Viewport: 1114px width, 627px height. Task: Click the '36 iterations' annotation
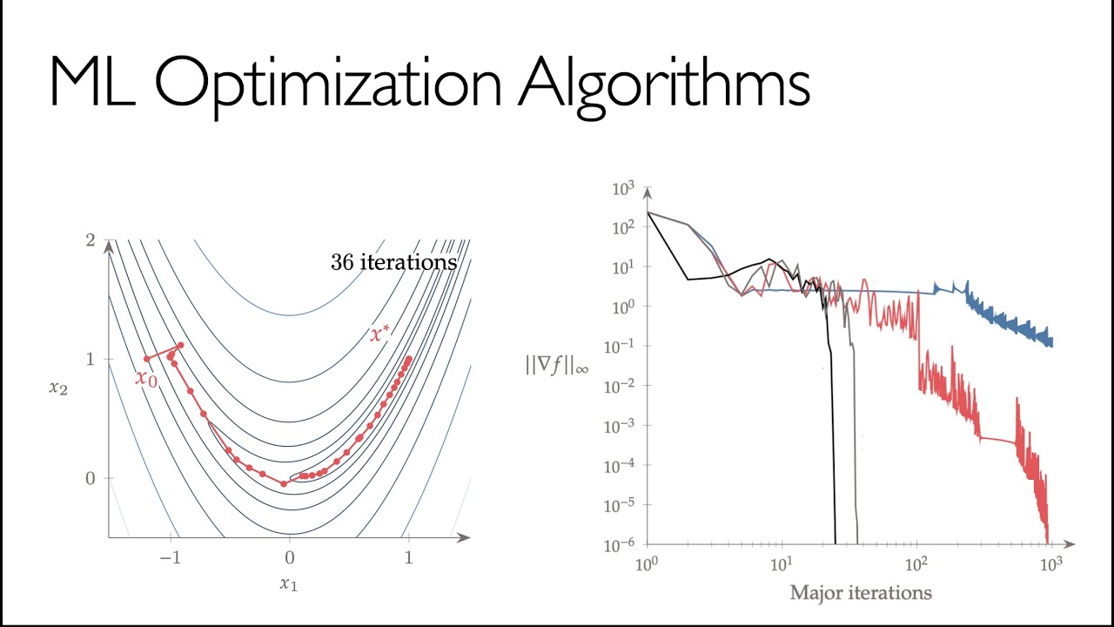coord(393,262)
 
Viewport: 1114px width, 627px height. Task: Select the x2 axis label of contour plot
coord(57,388)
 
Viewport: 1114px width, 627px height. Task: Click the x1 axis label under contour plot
coord(288,584)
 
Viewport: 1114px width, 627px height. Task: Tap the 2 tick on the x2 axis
coord(90,239)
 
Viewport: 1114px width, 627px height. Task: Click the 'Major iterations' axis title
coord(860,593)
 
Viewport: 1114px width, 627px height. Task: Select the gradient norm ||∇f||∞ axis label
coord(557,366)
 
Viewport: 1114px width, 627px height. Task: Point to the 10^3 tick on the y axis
coord(624,188)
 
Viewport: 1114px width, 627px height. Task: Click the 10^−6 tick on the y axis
coord(621,544)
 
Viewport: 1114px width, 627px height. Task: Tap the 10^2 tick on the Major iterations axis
coord(916,563)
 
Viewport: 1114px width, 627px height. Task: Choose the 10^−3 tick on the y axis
coord(621,425)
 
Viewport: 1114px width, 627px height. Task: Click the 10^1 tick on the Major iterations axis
coord(782,563)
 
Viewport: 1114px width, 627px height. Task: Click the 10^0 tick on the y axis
coord(624,307)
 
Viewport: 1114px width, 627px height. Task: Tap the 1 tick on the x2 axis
coord(90,359)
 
